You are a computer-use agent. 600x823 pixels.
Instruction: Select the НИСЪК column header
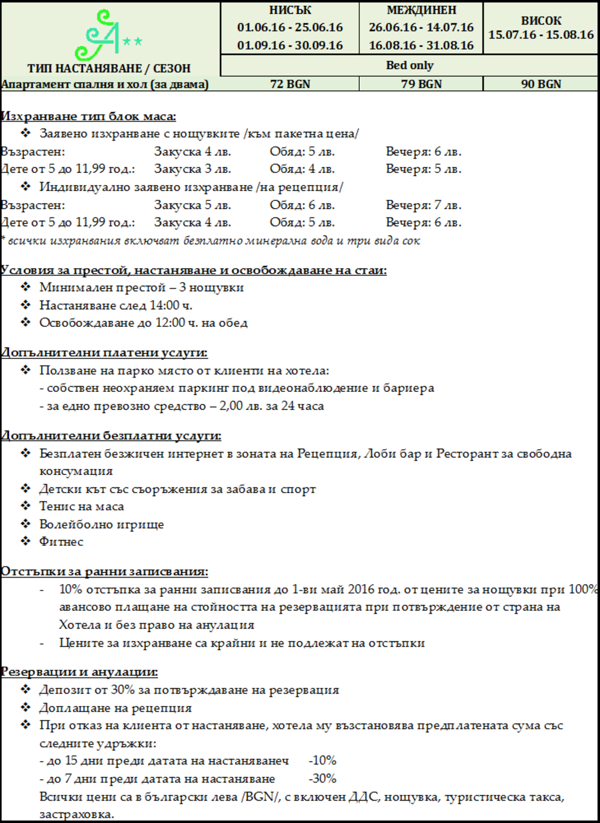click(290, 11)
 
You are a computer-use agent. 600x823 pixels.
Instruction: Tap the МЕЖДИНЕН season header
click(421, 11)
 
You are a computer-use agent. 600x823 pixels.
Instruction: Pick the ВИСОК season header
click(541, 21)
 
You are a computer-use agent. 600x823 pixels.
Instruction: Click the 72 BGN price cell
click(290, 84)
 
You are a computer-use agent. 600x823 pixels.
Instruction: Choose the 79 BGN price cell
click(421, 84)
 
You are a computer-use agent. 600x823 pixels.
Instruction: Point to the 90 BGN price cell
click(541, 84)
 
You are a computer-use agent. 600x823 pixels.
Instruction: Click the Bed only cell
click(410, 65)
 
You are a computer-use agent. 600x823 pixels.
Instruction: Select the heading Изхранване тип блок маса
click(88, 116)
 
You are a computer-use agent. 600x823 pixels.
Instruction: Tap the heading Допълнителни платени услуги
click(104, 353)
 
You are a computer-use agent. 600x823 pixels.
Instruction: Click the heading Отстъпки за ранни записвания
click(104, 571)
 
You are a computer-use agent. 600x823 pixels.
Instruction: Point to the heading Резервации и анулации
click(79, 672)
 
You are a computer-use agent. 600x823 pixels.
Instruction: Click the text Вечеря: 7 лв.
click(424, 205)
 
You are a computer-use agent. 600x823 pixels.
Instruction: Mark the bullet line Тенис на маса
click(81, 507)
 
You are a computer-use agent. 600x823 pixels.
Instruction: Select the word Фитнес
click(62, 542)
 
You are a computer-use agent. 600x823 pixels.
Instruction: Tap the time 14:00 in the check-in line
click(165, 305)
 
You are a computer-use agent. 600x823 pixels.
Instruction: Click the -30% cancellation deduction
click(322, 778)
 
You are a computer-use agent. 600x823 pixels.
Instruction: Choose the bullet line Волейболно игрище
click(101, 524)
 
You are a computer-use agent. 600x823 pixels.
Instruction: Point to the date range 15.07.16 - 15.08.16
click(541, 35)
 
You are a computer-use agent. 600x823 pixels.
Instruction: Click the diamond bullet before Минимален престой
click(25, 287)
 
